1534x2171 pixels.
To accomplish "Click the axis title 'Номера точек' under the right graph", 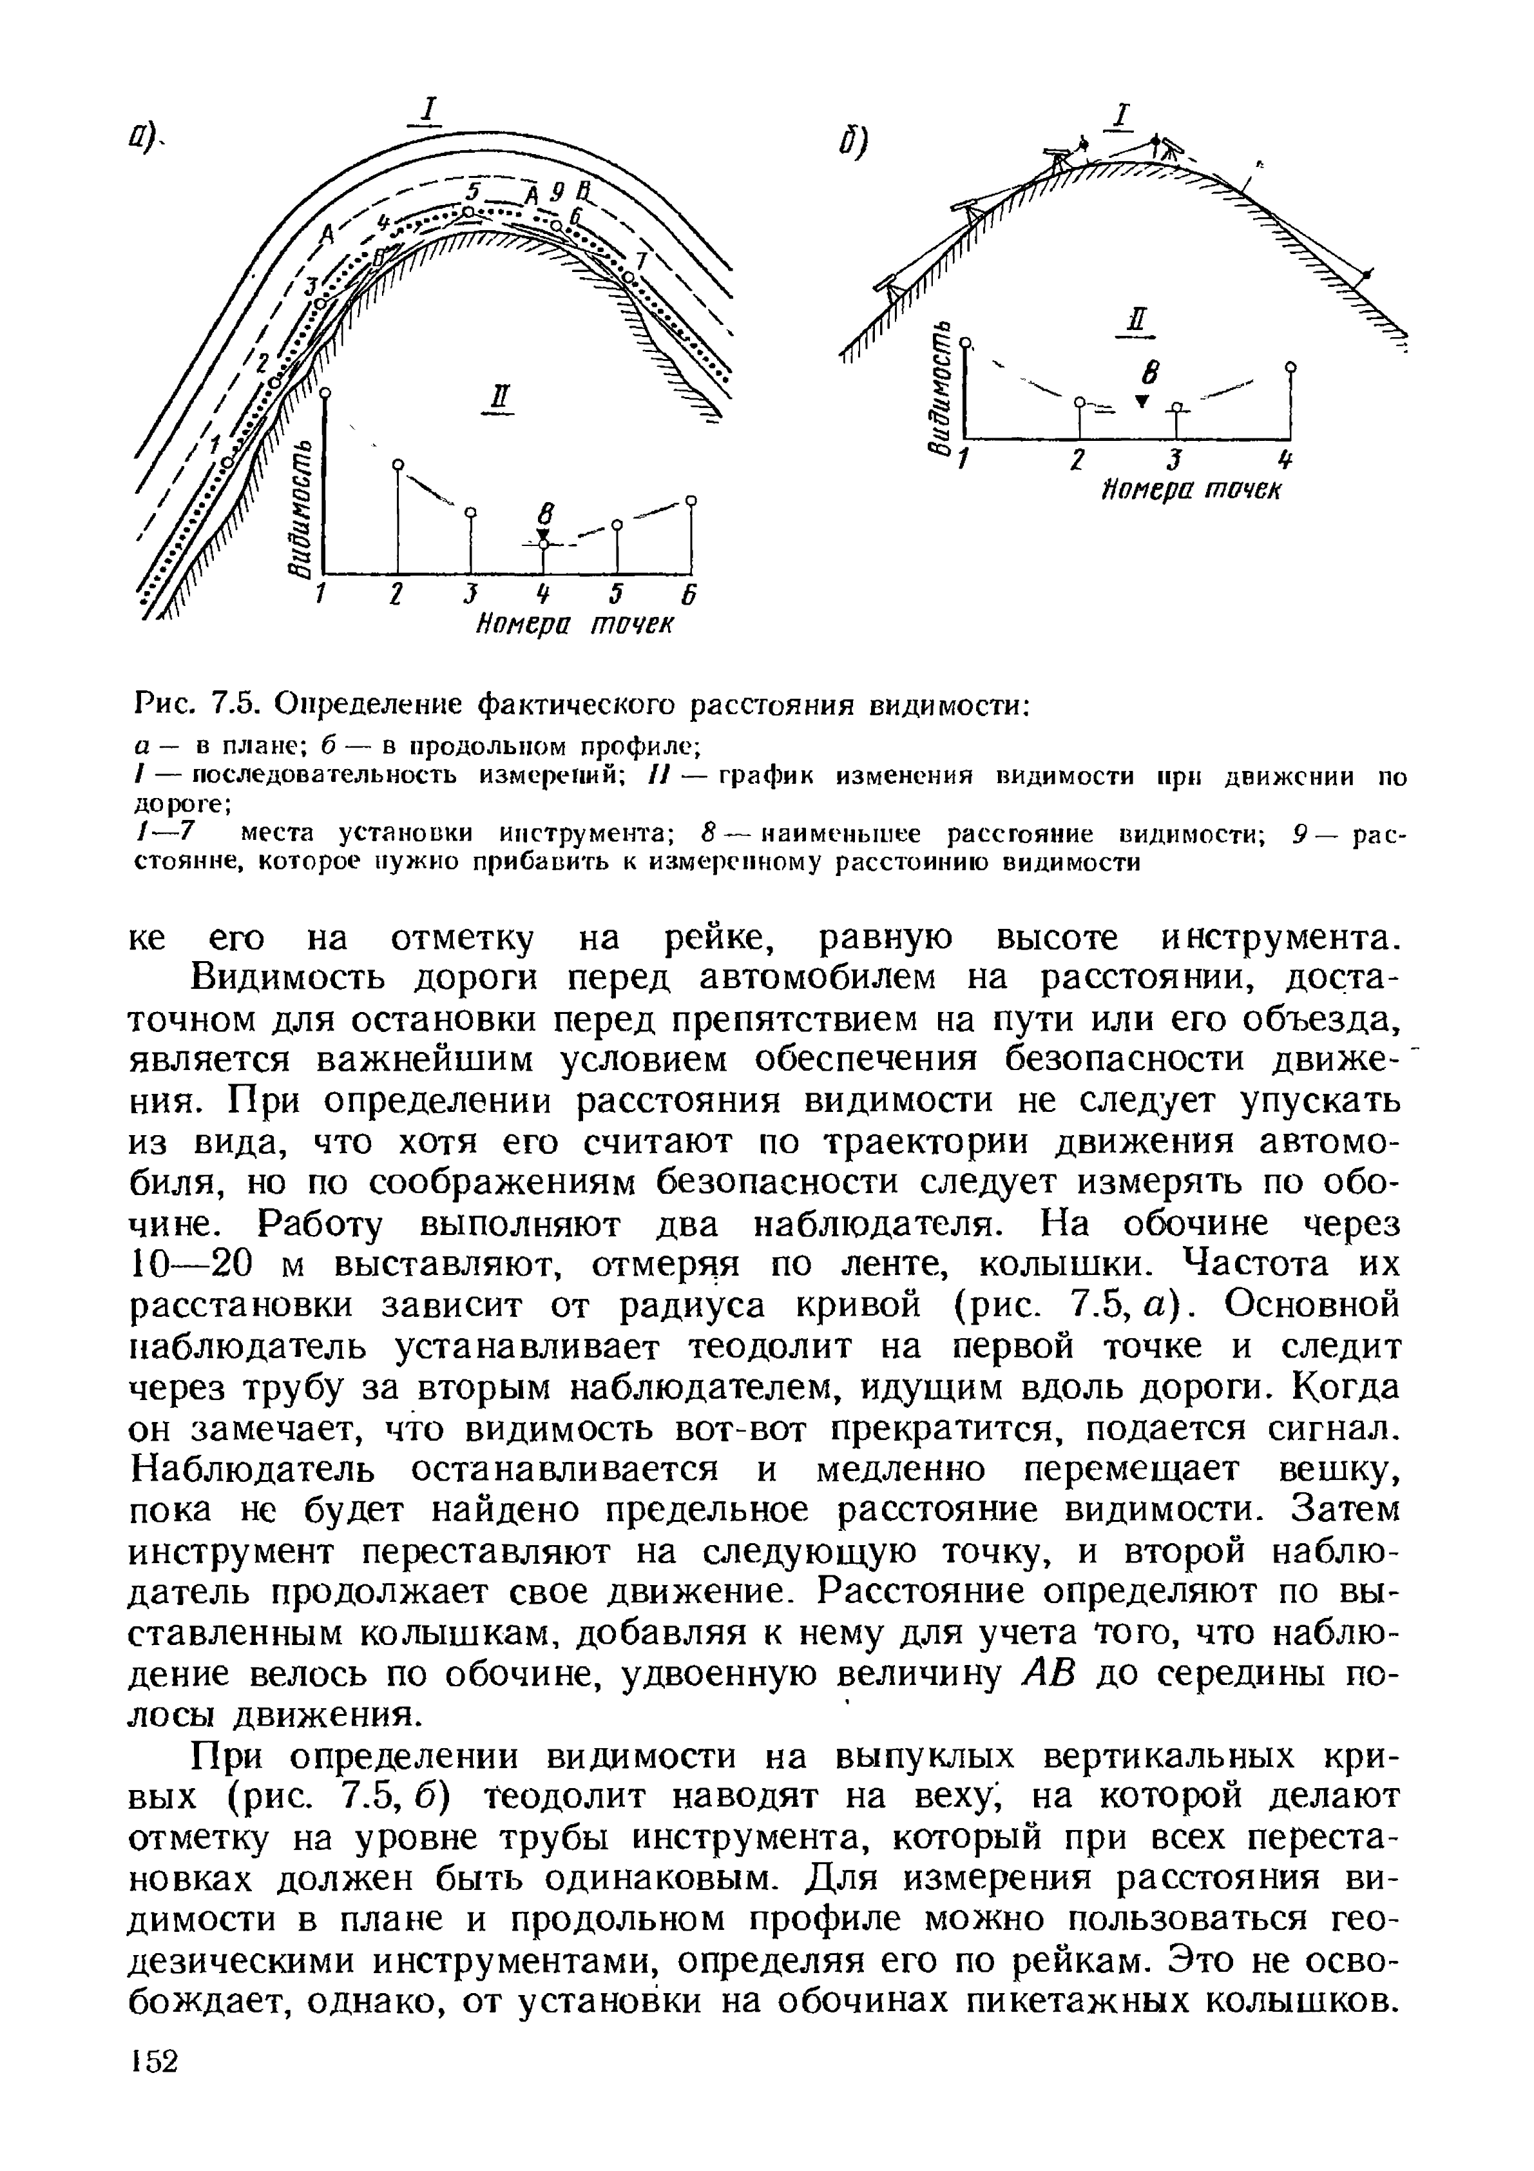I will pos(1191,492).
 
